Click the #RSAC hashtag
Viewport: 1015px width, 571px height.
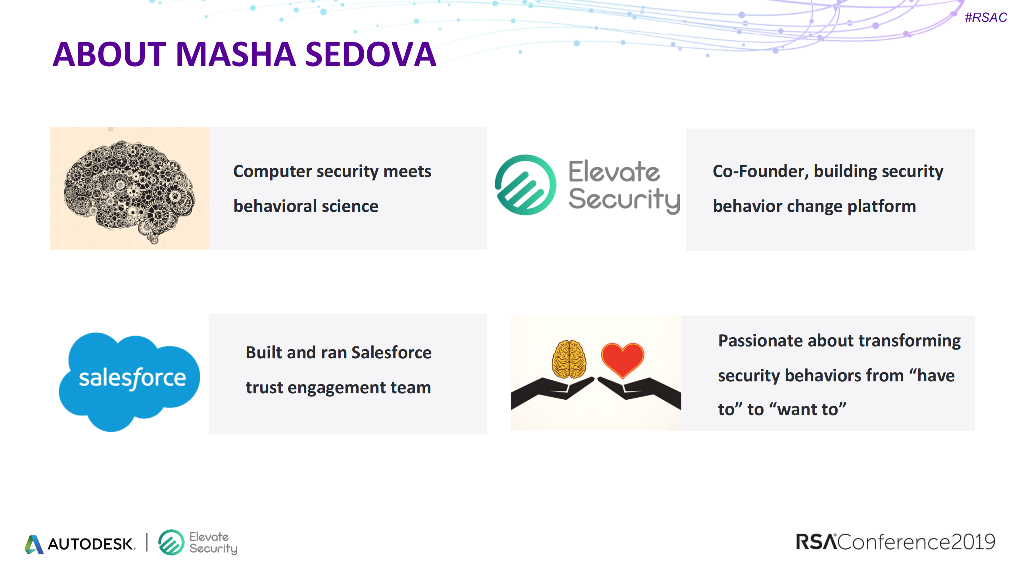985,17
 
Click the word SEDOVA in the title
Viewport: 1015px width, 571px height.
370,54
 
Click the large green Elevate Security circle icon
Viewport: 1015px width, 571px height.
526,185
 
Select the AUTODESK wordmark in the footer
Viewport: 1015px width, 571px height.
91,544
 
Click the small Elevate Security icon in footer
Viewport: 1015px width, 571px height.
171,542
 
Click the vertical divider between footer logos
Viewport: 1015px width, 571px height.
147,542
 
